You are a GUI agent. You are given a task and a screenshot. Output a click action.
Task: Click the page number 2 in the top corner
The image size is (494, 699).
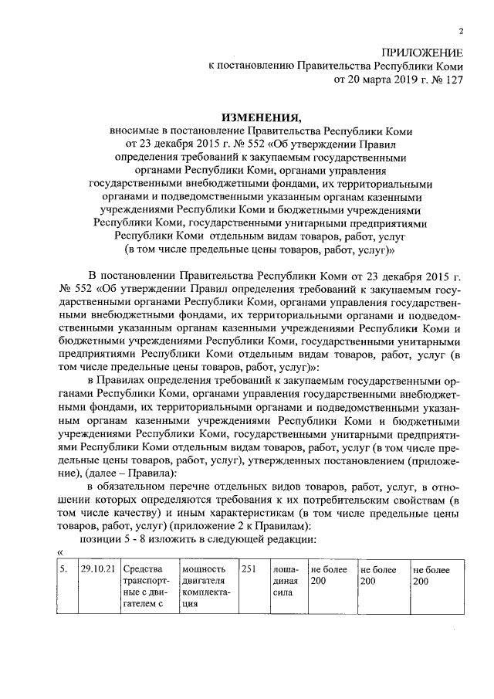pyautogui.click(x=461, y=32)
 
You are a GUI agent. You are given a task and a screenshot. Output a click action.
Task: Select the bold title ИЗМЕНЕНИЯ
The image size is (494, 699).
pyautogui.click(x=260, y=117)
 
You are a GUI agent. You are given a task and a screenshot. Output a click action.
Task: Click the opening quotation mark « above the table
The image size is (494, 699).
pyautogui.click(x=61, y=551)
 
